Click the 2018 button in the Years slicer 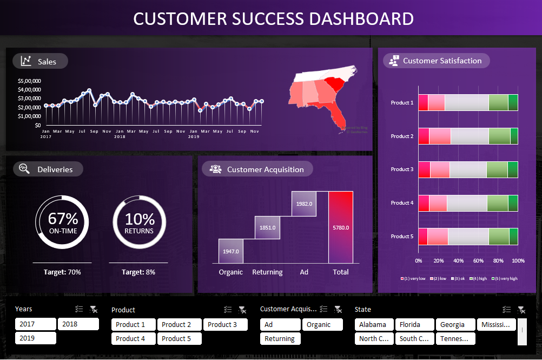(x=78, y=324)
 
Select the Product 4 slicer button (x=133, y=339)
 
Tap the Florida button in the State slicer (x=414, y=325)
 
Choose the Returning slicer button (x=280, y=339)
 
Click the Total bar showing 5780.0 (x=340, y=227)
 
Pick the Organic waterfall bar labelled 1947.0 (x=230, y=251)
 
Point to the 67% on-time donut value (x=63, y=219)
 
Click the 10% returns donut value (x=140, y=219)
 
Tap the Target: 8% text (x=138, y=272)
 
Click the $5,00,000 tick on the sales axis (x=30, y=81)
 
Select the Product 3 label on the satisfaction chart (x=402, y=169)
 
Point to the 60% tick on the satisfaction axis (x=478, y=261)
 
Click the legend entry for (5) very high (x=503, y=278)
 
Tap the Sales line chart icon (x=26, y=61)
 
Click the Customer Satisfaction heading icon (x=394, y=61)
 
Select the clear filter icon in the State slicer (x=521, y=310)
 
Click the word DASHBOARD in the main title (x=361, y=18)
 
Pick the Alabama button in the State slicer (x=373, y=325)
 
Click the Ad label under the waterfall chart (x=304, y=272)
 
